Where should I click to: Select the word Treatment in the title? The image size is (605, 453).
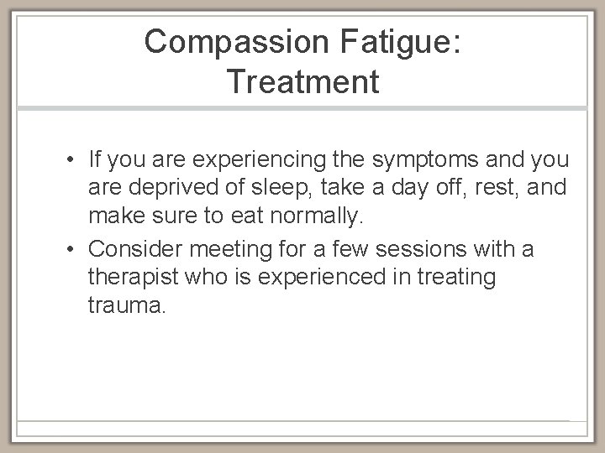pos(302,81)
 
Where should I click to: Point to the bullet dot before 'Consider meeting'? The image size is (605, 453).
pos(75,249)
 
